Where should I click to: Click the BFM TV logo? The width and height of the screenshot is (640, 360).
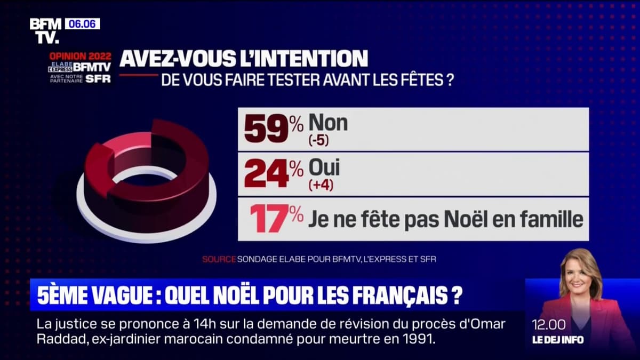point(45,30)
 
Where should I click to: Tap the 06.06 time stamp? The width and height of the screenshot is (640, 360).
point(82,24)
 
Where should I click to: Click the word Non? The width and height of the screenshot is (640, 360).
point(328,123)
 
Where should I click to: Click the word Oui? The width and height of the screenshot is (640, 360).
point(324,169)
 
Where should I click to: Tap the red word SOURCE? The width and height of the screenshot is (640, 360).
point(219,260)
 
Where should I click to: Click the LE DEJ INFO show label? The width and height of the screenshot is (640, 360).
point(557,340)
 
